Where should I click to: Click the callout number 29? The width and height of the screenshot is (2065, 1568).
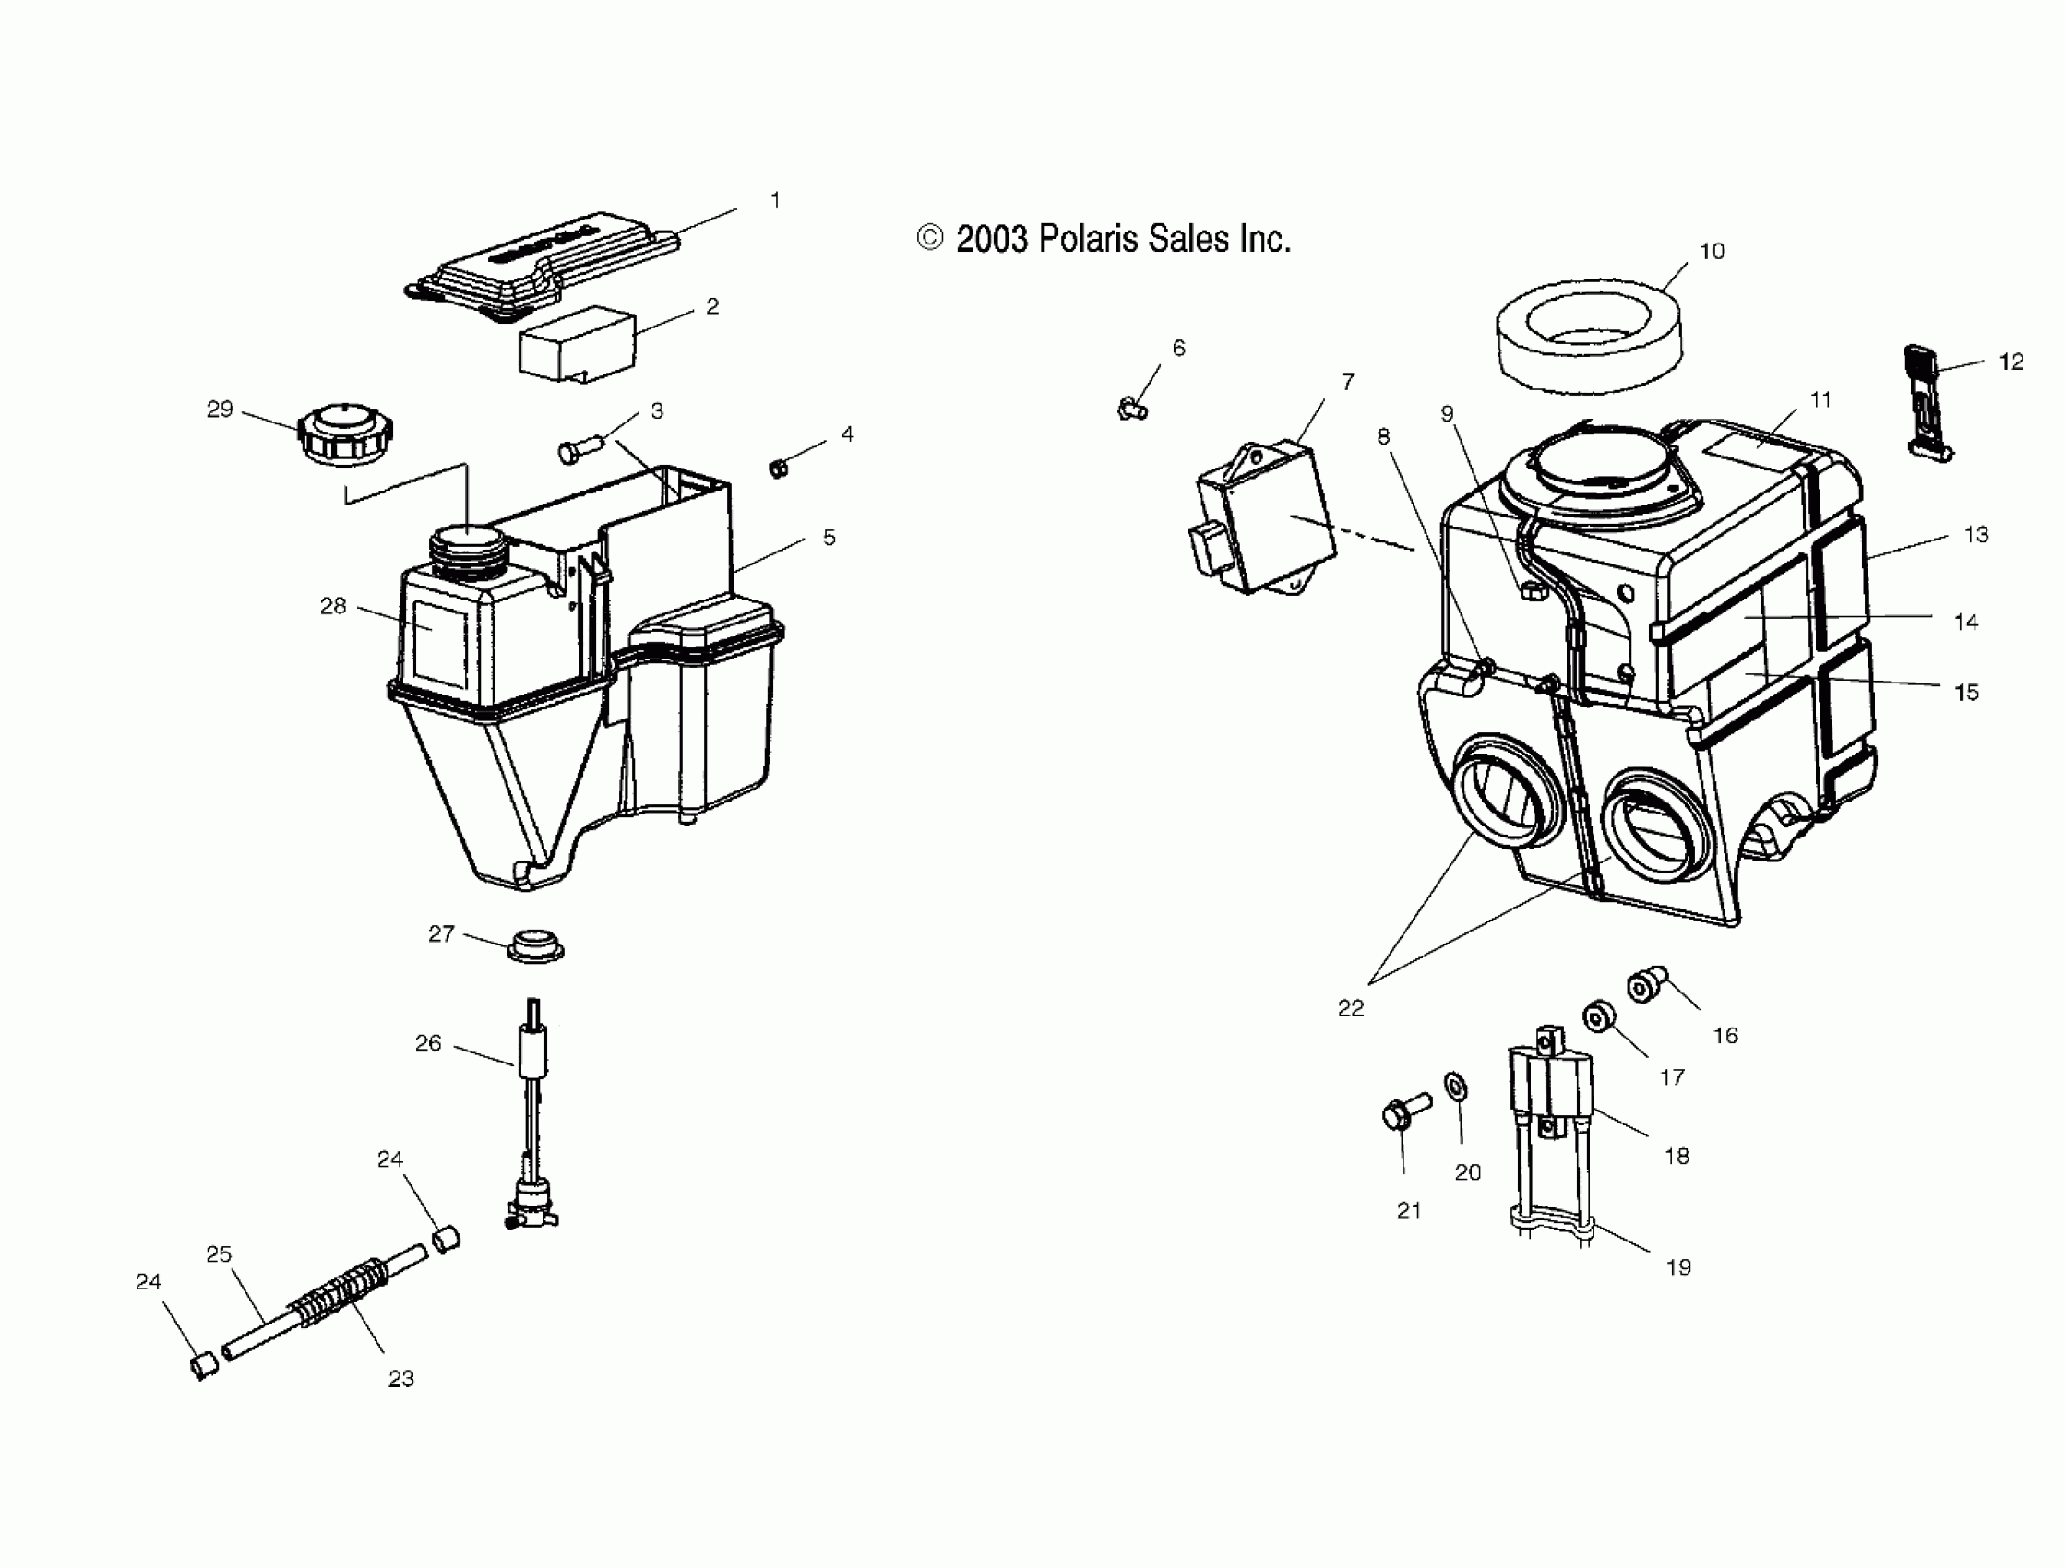(x=220, y=410)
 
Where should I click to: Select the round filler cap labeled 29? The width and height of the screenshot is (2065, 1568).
(x=345, y=435)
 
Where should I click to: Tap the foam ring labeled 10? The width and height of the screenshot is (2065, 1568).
(x=1590, y=335)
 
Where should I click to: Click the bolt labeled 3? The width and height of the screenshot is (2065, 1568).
(x=579, y=450)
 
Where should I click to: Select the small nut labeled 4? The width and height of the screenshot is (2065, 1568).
(x=778, y=468)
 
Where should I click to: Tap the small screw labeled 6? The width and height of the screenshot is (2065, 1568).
(x=1132, y=408)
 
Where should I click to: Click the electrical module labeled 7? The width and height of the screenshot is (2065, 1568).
(x=1265, y=528)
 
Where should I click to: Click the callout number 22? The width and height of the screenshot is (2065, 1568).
(x=1351, y=1008)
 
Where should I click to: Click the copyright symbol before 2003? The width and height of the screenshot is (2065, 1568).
(x=930, y=238)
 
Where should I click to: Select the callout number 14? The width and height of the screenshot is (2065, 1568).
(x=1966, y=623)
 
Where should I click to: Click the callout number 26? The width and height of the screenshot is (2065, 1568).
(x=428, y=1043)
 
